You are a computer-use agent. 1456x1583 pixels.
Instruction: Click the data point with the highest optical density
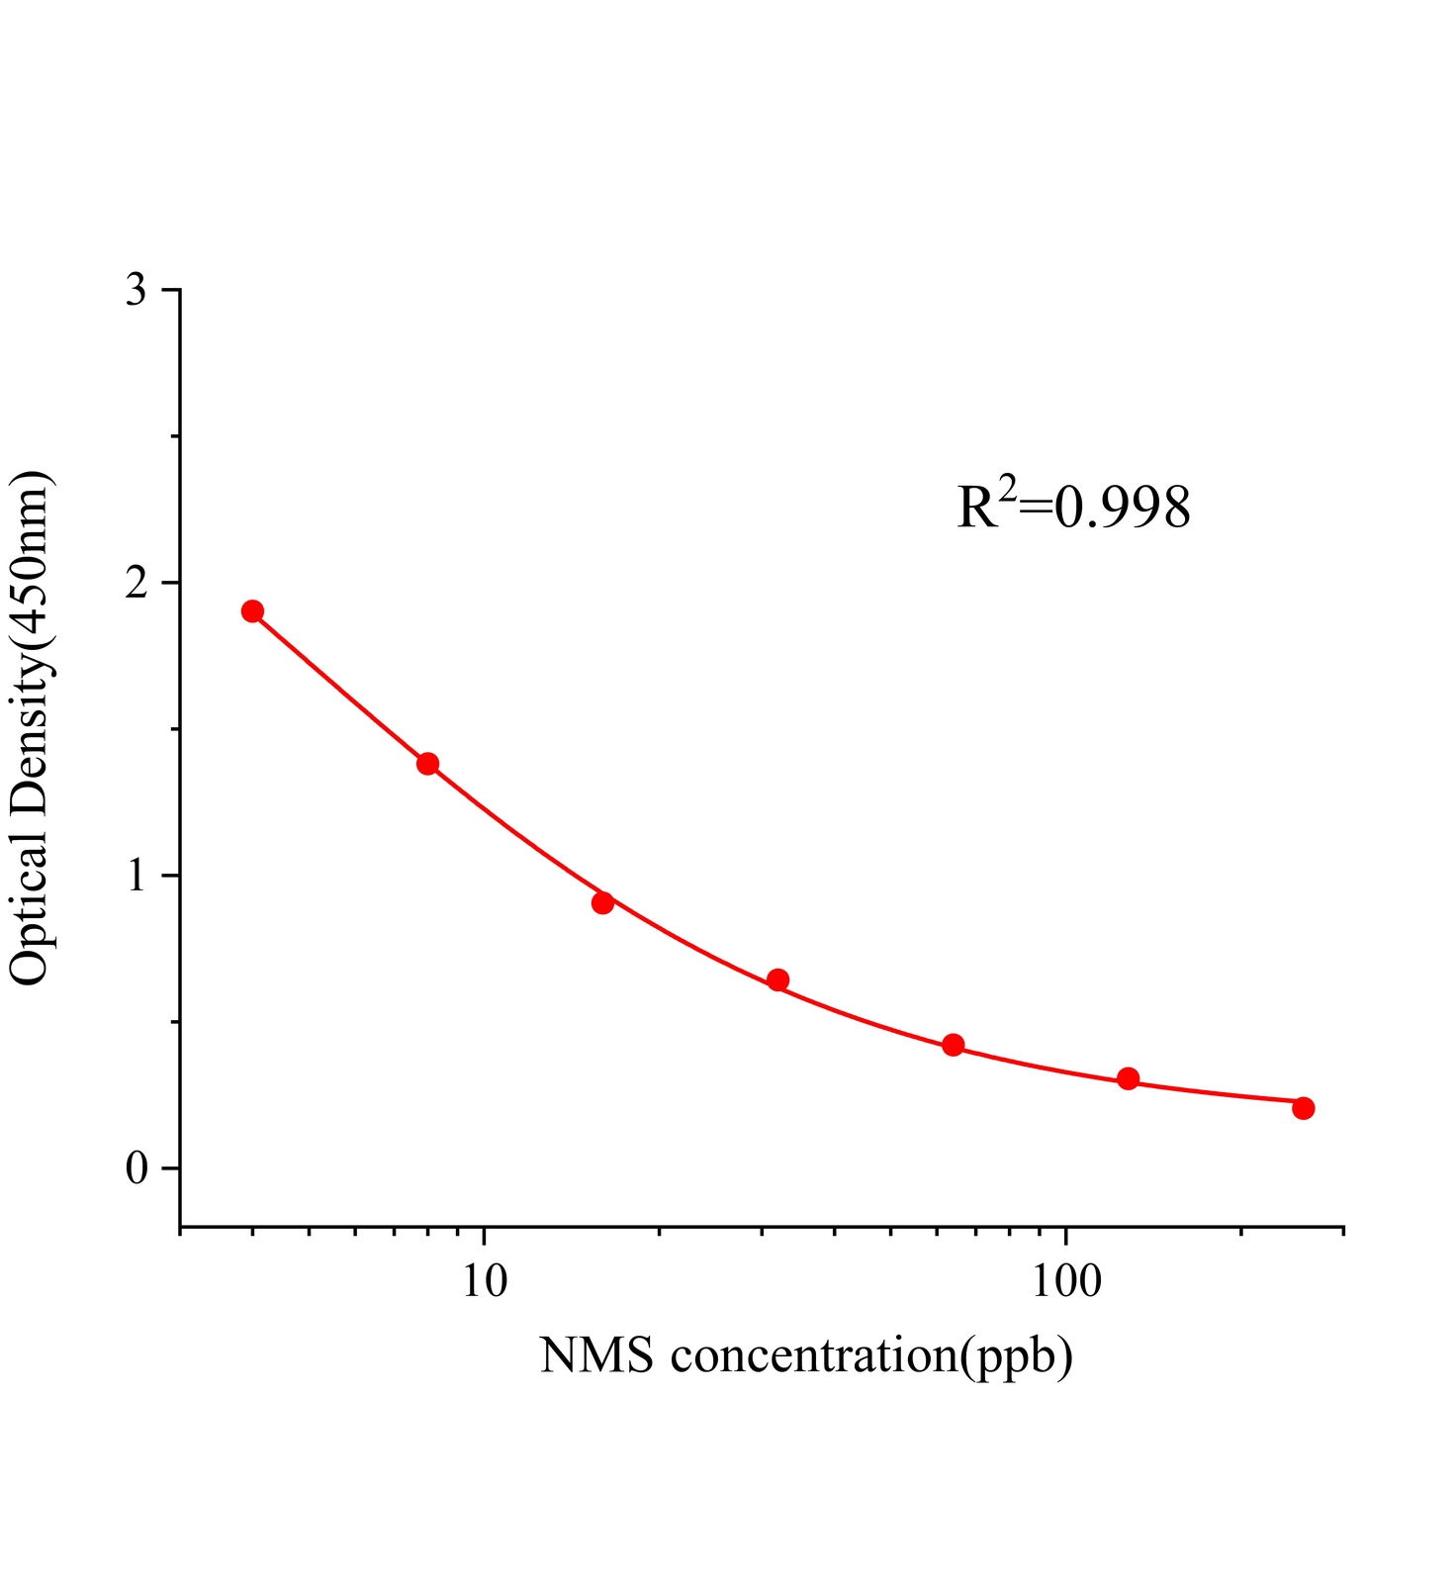pyautogui.click(x=252, y=610)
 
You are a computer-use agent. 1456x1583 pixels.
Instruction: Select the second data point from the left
pyautogui.click(x=427, y=763)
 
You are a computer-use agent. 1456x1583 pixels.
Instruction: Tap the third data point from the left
pyautogui.click(x=602, y=902)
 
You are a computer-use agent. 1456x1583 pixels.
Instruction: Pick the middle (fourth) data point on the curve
pyautogui.click(x=777, y=980)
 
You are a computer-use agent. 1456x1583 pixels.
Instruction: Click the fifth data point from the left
pyautogui.click(x=953, y=1045)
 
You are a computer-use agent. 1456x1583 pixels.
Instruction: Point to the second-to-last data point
pyautogui.click(x=1128, y=1078)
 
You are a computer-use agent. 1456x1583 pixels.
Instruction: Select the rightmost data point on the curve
pyautogui.click(x=1303, y=1108)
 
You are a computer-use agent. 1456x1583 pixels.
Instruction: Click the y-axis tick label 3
pyautogui.click(x=136, y=291)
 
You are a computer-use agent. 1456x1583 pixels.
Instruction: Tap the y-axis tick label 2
pyautogui.click(x=136, y=584)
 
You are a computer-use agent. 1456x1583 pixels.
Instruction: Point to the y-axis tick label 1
pyautogui.click(x=136, y=877)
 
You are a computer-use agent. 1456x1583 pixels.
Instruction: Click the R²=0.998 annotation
pyautogui.click(x=1073, y=507)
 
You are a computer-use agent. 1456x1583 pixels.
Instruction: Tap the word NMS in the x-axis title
pyautogui.click(x=596, y=1355)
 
